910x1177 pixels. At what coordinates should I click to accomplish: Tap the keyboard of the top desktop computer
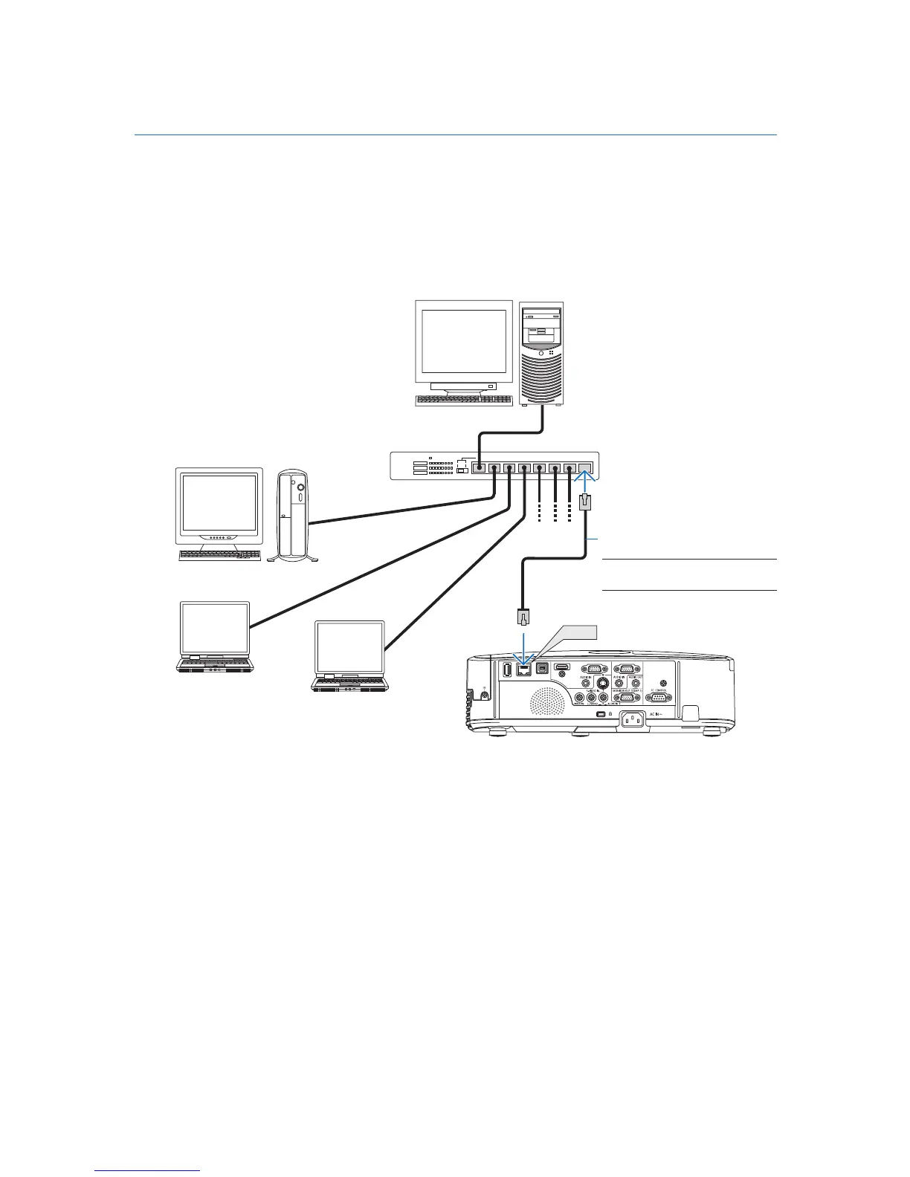point(463,400)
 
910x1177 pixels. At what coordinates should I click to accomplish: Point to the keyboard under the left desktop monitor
point(220,555)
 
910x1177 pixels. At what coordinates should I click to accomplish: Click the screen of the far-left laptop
point(216,629)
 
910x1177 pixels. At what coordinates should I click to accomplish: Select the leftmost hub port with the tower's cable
point(480,469)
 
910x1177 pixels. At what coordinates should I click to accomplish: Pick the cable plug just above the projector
point(523,616)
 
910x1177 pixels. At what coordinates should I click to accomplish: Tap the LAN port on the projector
point(524,669)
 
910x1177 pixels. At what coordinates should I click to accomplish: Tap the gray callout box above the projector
point(577,632)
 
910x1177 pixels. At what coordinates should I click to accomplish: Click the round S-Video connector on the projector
point(604,684)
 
